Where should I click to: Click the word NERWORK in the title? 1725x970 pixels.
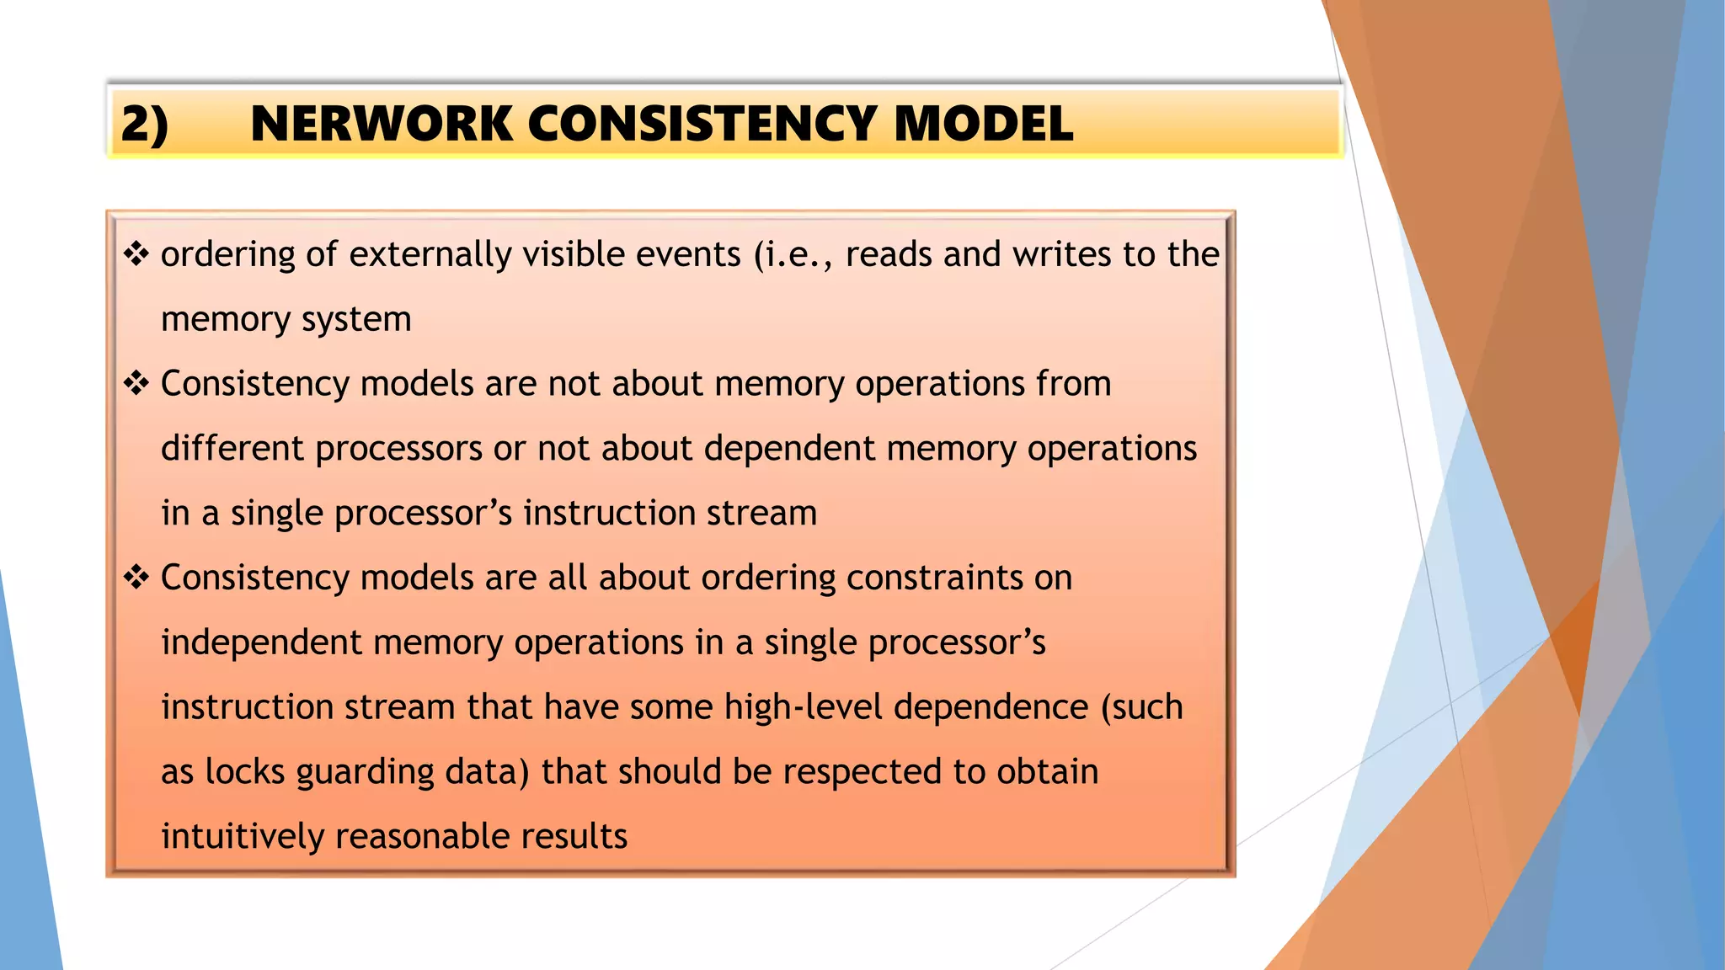[381, 124]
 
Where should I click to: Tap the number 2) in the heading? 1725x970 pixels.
[144, 124]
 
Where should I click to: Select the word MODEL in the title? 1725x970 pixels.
[983, 124]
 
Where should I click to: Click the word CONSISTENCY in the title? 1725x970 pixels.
[702, 124]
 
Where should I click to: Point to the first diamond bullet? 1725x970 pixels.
[136, 253]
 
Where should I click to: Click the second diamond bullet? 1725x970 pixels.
[136, 383]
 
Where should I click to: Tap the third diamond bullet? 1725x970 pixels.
[136, 578]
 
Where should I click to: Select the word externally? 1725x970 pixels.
[430, 254]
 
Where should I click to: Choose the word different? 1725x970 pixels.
[232, 448]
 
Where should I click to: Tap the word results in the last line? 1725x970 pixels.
[574, 836]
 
